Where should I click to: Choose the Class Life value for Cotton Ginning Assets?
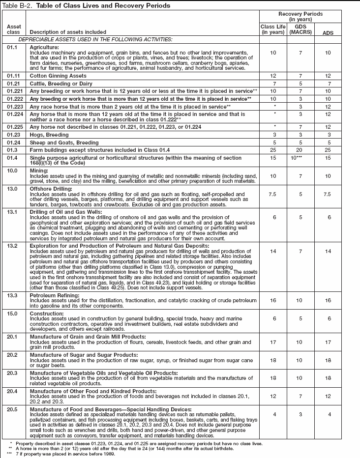pos(272,77)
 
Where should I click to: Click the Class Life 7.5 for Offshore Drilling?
pos(272,195)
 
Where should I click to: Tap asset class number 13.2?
pos(13,245)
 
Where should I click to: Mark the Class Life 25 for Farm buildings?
pos(272,149)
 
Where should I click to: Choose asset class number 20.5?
pos(13,409)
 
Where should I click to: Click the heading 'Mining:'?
pos(40,170)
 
